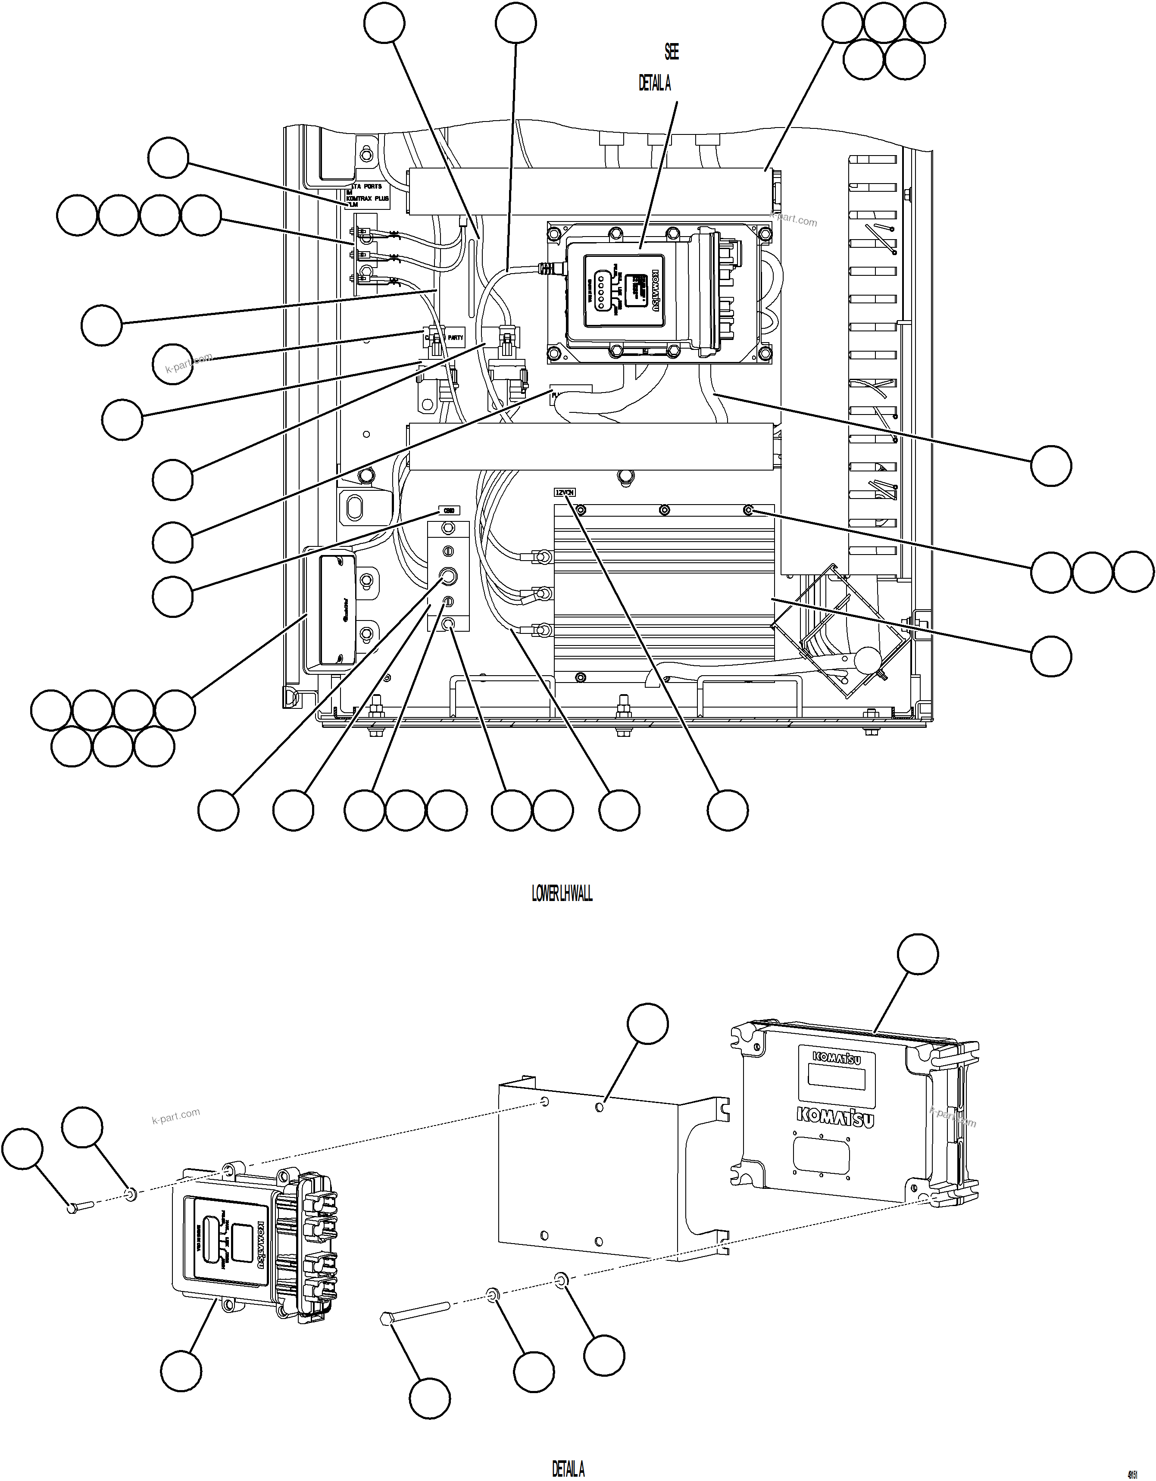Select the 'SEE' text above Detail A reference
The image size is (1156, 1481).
(x=671, y=52)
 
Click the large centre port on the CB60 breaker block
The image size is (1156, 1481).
(x=448, y=577)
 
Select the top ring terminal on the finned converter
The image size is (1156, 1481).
(x=543, y=557)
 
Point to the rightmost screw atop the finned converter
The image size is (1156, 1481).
(x=748, y=509)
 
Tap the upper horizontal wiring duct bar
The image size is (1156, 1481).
(x=590, y=190)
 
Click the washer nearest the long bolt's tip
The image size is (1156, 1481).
(x=493, y=1296)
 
